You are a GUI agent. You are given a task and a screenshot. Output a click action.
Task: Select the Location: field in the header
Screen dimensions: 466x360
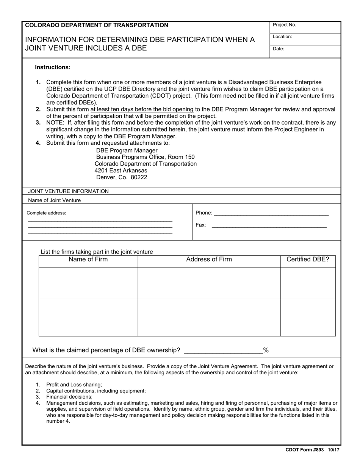tap(282, 37)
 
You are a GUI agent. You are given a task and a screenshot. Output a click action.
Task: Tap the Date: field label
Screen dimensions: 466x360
tap(279, 49)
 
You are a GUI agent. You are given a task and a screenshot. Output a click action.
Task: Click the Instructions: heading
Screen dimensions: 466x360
tap(53, 67)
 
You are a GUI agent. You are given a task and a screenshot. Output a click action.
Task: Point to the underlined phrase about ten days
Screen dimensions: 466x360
tap(142, 109)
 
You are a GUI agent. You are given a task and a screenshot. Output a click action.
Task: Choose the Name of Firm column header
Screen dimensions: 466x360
tap(88, 260)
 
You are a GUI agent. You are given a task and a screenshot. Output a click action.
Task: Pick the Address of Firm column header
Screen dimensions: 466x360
tap(209, 260)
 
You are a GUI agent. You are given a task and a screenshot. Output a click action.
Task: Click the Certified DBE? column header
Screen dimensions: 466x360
tap(308, 260)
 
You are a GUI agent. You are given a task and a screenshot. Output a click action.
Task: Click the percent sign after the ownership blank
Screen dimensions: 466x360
tap(266, 350)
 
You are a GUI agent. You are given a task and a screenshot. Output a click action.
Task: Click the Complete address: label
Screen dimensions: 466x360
tap(46, 213)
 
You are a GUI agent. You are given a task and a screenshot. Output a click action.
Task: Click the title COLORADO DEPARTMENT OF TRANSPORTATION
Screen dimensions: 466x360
tap(97, 25)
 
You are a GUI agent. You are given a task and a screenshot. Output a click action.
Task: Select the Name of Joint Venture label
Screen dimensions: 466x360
tap(55, 200)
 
